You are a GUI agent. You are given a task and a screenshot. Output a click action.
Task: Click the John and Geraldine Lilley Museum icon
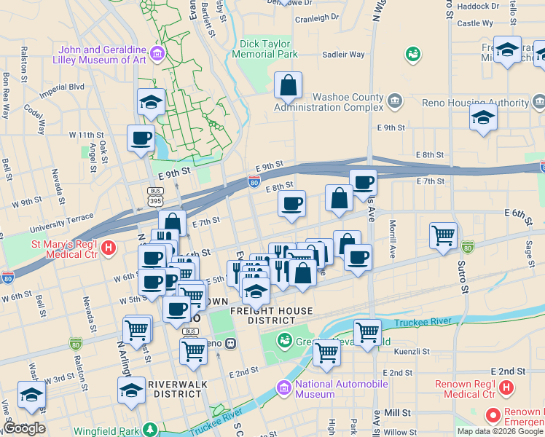(157, 52)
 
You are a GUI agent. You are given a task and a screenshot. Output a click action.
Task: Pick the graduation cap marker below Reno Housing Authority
(483, 117)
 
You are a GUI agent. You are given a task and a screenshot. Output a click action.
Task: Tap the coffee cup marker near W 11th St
(141, 138)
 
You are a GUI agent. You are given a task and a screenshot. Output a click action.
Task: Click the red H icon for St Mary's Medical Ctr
(109, 248)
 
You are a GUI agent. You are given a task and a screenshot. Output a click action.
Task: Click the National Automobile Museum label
(314, 389)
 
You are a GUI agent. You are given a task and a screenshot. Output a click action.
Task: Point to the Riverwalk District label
(178, 388)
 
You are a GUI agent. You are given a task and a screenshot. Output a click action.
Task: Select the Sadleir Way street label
(343, 54)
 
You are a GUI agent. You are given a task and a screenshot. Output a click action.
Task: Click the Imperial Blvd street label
(62, 89)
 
